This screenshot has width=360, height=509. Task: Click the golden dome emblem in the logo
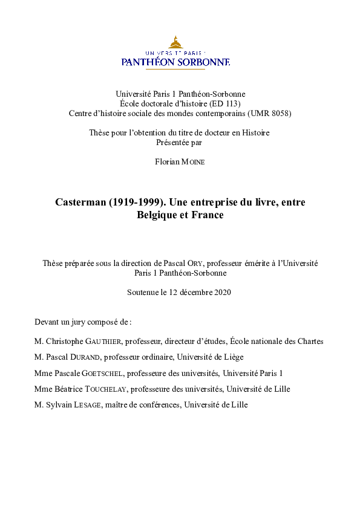click(175, 42)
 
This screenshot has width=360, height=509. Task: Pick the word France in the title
click(207, 215)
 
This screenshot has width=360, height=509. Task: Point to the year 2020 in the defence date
click(222, 293)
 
